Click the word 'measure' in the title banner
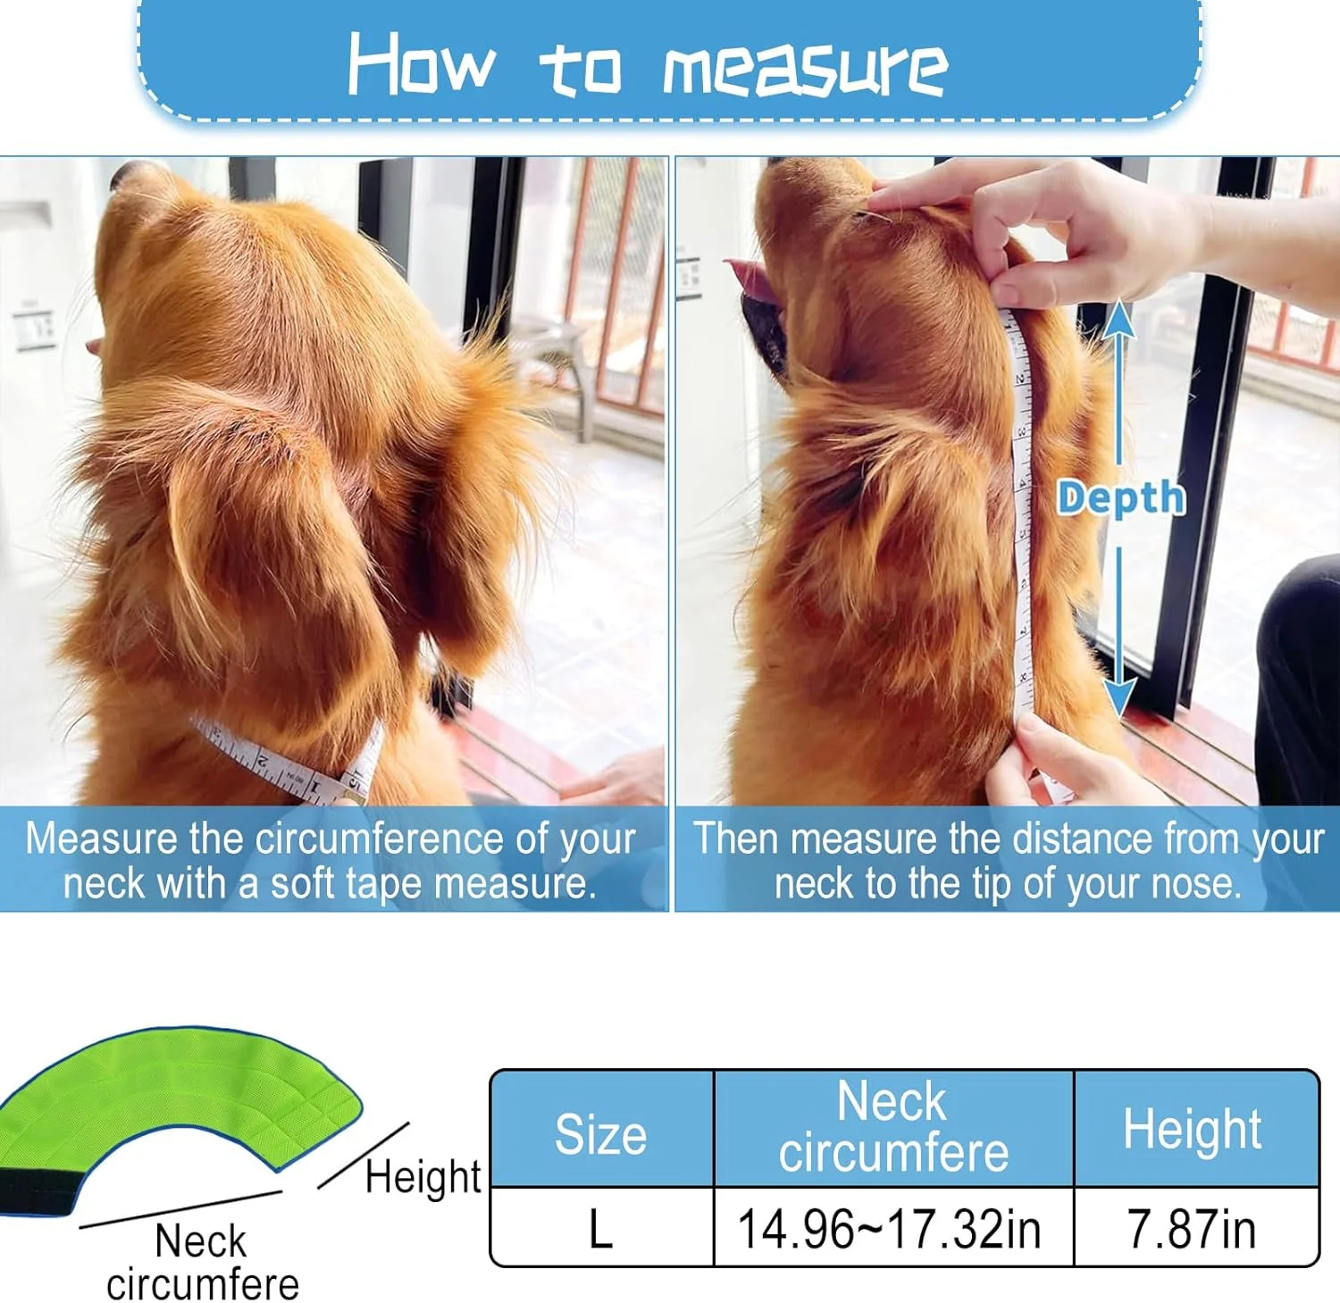tap(805, 69)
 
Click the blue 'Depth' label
tap(1121, 497)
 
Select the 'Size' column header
tap(601, 1133)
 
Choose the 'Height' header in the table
tap(1193, 1129)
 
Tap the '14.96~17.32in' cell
tap(891, 1229)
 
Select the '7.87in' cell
tap(1193, 1229)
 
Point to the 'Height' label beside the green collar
tap(423, 1177)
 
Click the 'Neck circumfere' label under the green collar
tap(203, 1263)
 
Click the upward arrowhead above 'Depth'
tap(1118, 318)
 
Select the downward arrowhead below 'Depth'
tap(1118, 697)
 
